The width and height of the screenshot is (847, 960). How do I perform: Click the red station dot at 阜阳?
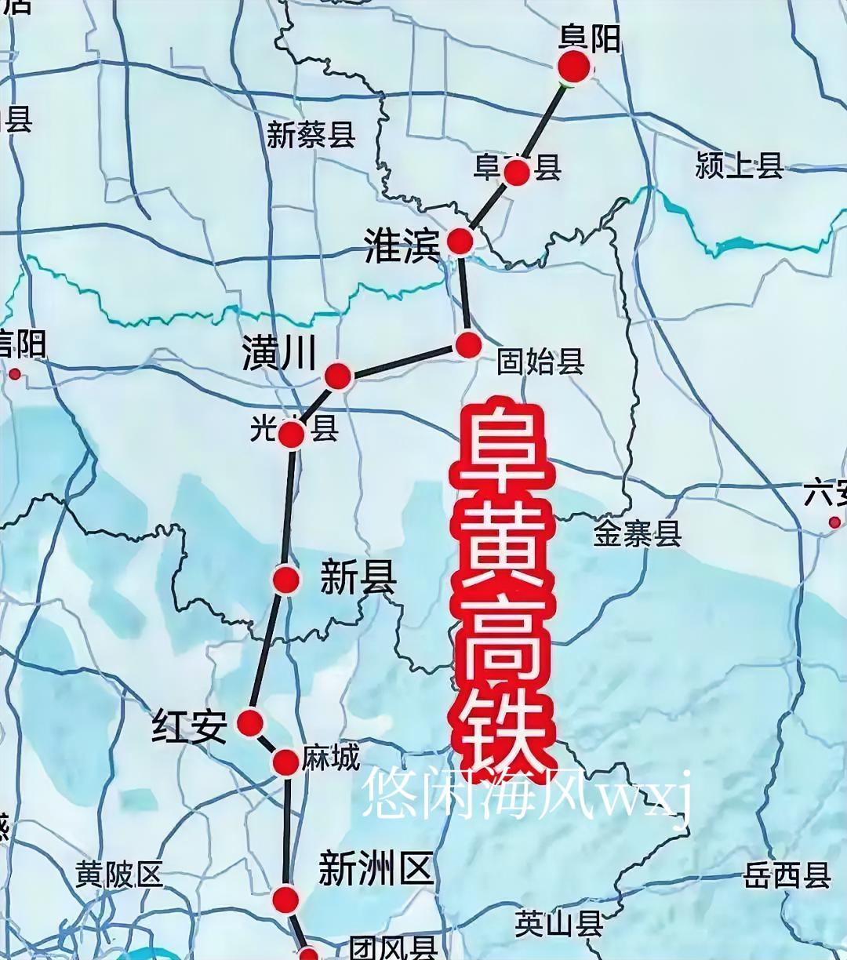click(574, 67)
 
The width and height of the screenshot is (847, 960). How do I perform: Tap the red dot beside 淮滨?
click(460, 242)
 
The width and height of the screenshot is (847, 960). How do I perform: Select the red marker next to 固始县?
click(468, 345)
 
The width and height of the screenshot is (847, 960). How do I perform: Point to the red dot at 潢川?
click(338, 376)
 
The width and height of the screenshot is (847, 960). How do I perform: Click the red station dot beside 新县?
click(286, 580)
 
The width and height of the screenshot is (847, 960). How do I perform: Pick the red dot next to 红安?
click(250, 722)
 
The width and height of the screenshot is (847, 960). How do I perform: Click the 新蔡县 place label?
click(311, 135)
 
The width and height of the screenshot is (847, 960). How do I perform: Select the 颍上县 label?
click(739, 165)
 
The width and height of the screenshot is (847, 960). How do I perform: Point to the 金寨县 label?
click(637, 534)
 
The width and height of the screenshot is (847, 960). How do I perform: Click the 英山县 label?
click(558, 924)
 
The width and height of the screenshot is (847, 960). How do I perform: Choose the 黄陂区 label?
click(118, 874)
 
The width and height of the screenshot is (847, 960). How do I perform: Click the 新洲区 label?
click(376, 870)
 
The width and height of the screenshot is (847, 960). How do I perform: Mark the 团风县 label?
click(392, 947)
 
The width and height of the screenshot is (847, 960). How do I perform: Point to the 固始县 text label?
click(540, 362)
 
